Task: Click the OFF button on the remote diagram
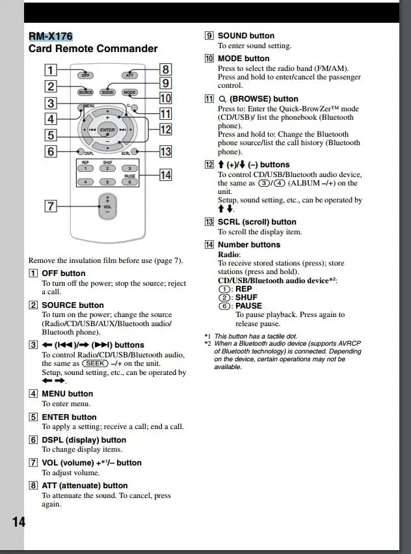pos(85,75)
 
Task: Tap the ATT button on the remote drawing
pos(130,75)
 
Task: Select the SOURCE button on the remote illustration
pos(85,92)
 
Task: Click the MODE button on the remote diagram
pos(130,92)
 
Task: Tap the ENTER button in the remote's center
pos(107,130)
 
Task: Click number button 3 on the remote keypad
pos(129,169)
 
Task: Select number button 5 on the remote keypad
pos(107,182)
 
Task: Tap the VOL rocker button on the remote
pos(107,206)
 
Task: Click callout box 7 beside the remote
pos(50,206)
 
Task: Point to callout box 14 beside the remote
pos(165,174)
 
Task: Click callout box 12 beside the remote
pos(165,128)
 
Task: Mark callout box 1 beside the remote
pos(50,69)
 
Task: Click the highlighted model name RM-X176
pos(50,36)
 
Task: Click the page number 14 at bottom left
pos(18,522)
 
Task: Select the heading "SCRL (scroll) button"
pos(257,222)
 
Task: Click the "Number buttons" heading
pos(249,245)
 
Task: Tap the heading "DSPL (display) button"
pos(84,440)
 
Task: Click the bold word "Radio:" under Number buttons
pos(229,254)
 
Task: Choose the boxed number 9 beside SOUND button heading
pos(209,36)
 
